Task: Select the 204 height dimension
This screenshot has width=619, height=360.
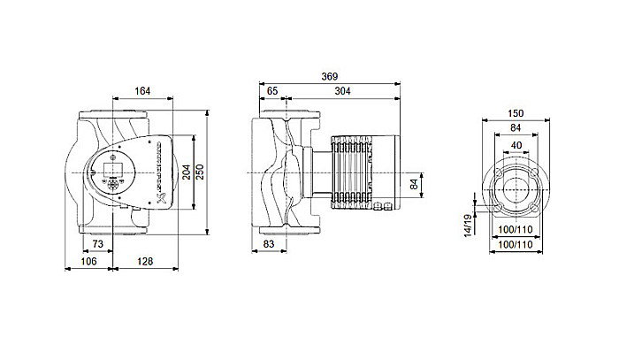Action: (187, 172)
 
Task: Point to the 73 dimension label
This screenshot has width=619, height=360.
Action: (97, 242)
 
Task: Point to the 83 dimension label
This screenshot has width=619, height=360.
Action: (272, 242)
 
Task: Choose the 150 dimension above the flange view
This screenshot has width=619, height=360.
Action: (517, 115)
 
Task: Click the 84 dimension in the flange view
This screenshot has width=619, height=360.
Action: (517, 129)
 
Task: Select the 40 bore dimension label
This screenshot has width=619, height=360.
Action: (517, 145)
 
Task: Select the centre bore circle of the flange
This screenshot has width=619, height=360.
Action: (517, 188)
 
